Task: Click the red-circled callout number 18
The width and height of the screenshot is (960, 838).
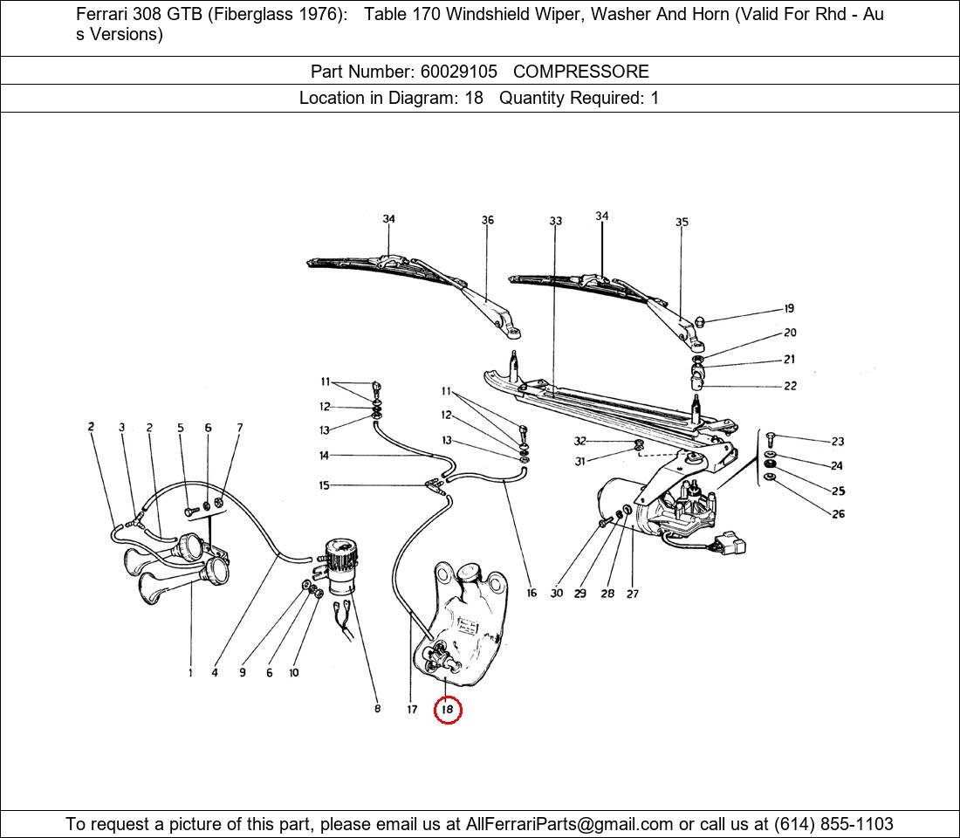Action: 448,710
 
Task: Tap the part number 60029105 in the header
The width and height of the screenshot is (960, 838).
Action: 458,72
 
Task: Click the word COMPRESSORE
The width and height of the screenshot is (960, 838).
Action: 581,72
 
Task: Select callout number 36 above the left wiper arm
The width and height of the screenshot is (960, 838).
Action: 487,220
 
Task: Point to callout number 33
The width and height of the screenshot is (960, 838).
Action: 555,221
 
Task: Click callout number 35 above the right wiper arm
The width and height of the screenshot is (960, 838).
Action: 682,222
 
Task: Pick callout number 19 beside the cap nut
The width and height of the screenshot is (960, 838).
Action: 789,308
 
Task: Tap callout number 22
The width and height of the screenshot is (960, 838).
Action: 791,386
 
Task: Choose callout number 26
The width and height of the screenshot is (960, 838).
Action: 838,514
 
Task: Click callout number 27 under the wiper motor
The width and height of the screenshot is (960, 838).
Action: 633,593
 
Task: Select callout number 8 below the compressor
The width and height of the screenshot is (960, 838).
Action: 377,708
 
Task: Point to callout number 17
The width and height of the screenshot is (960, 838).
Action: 412,709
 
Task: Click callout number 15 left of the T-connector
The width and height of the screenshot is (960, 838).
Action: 324,485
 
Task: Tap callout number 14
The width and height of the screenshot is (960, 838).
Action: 324,455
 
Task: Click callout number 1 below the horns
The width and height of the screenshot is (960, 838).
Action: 190,673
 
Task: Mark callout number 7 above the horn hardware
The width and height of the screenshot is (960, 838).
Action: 240,428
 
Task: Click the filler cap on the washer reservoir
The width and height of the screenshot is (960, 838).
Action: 469,572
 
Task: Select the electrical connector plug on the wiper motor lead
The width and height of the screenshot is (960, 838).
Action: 730,543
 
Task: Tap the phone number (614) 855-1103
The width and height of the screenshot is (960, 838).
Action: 833,824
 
